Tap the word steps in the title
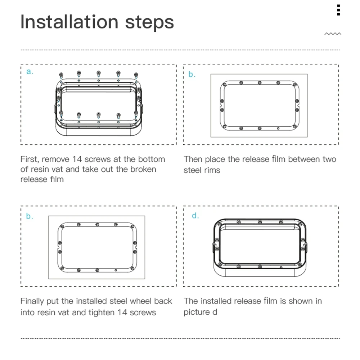[149, 23]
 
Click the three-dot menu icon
[338, 10]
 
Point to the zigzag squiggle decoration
[333, 34]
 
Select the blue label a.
[30, 71]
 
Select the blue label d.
[195, 216]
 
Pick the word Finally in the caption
[32, 301]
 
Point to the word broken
[143, 169]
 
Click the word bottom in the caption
[152, 159]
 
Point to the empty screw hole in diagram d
[281, 267]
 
